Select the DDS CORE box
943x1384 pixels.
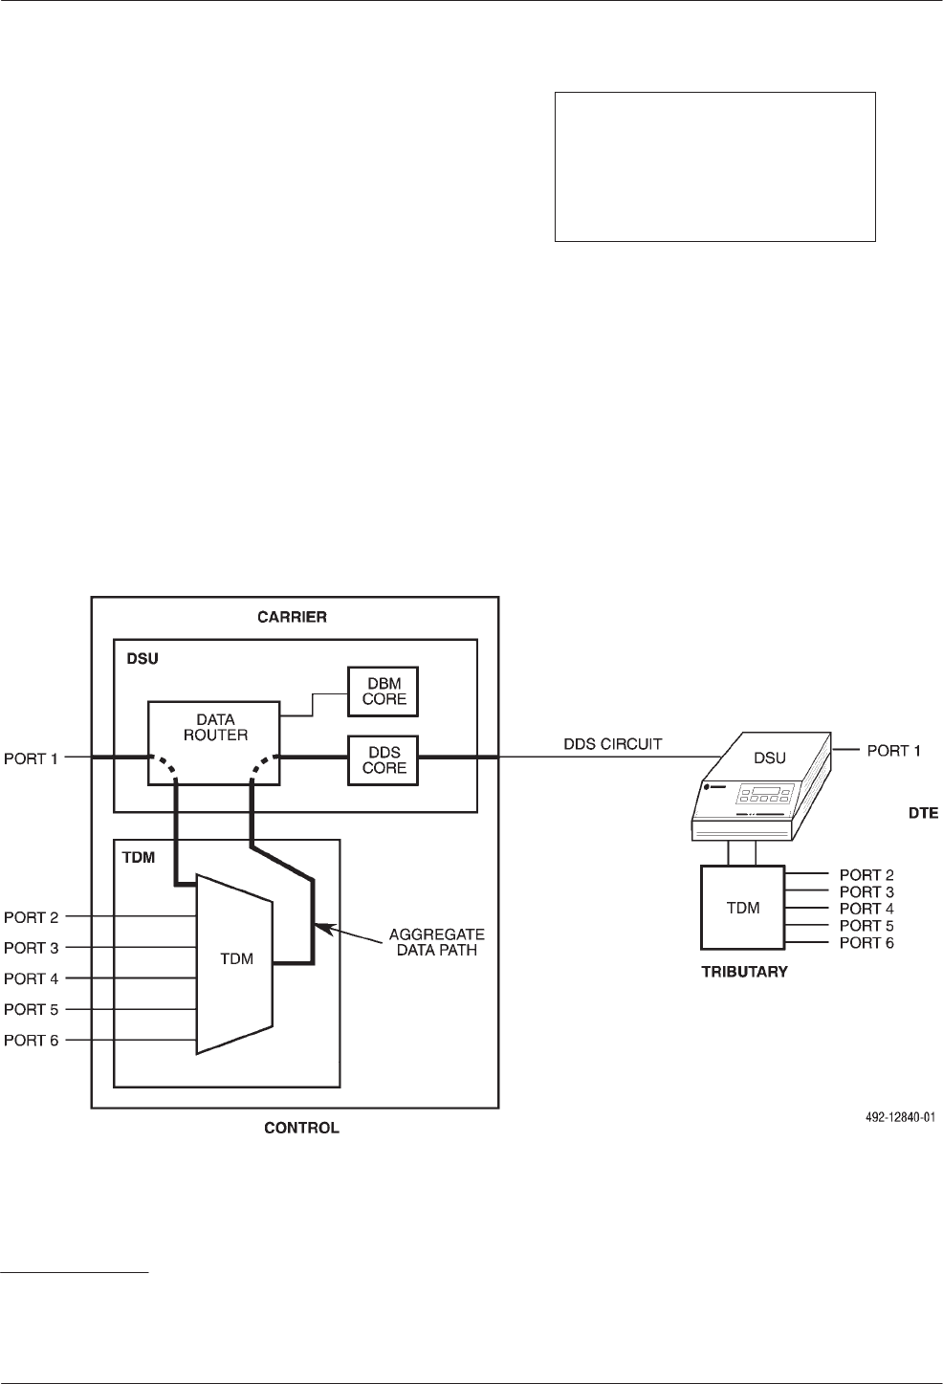tap(383, 758)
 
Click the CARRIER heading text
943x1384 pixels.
tap(294, 617)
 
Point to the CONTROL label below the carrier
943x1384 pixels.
tap(301, 1128)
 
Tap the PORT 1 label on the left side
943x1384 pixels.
tap(32, 758)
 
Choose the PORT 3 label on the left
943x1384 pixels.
tap(32, 948)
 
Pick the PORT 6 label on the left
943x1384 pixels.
tap(32, 1040)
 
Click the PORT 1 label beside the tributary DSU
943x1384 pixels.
tap(893, 750)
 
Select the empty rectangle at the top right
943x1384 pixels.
tap(715, 166)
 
